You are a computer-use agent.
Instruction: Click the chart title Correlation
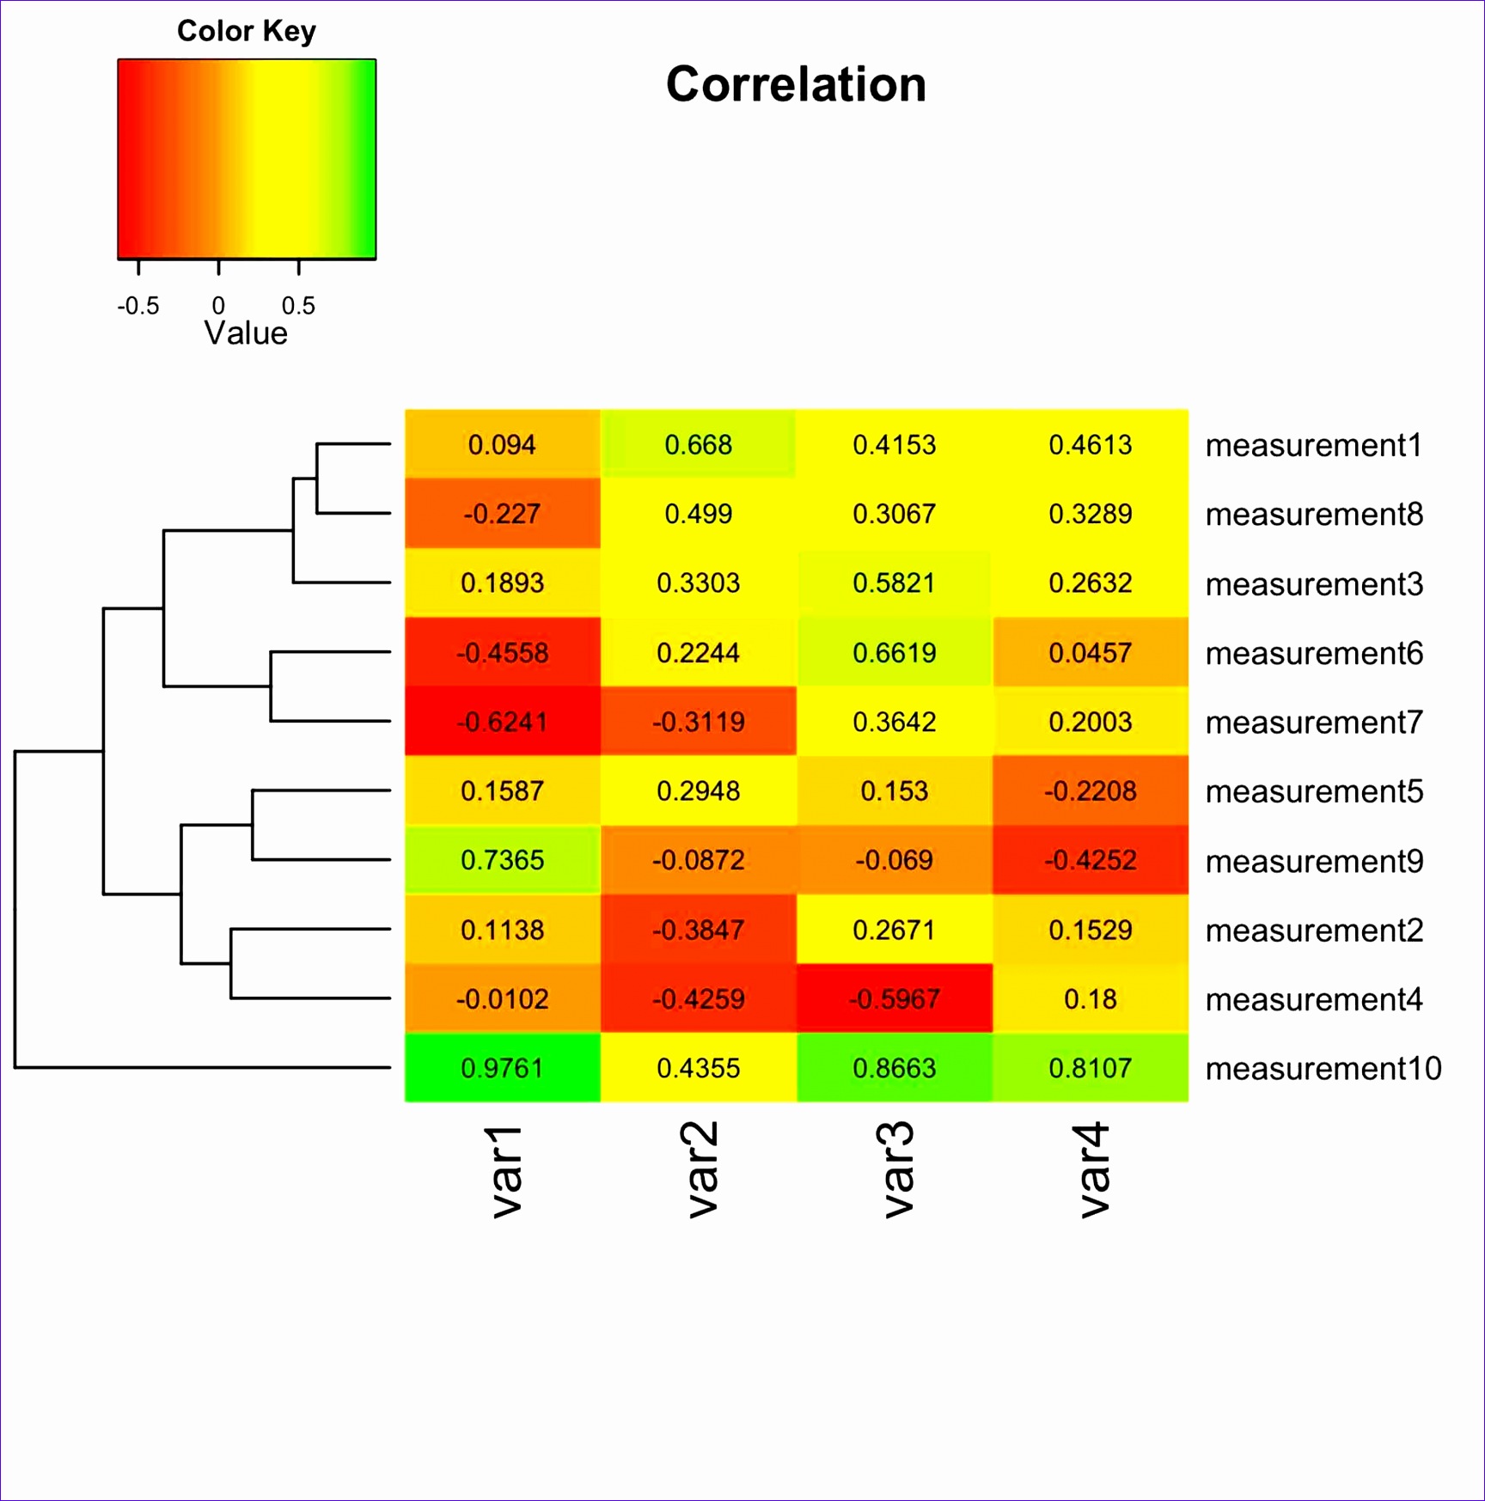coord(796,85)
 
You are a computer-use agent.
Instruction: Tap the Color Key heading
coord(247,31)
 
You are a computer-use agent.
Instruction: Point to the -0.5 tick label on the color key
coord(138,306)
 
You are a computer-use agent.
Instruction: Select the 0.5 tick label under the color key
coord(298,306)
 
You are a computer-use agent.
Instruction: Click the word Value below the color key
coord(246,333)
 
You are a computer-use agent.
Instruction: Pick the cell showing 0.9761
coord(503,1068)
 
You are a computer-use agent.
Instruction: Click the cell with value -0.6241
coord(503,722)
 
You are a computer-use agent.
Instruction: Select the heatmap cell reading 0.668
coord(699,445)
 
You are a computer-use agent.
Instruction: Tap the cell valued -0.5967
coord(895,999)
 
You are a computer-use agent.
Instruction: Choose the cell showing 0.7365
coord(503,860)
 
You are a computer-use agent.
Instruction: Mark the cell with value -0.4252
coord(1091,860)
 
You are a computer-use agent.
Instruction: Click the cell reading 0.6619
coord(895,653)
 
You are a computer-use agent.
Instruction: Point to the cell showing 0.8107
coord(1091,1068)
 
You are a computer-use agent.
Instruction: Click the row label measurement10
coord(1323,1069)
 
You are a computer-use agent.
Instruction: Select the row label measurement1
coord(1314,446)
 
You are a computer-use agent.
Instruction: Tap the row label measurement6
coord(1314,654)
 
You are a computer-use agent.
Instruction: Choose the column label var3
coord(898,1170)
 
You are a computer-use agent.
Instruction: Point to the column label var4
coord(1094,1170)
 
